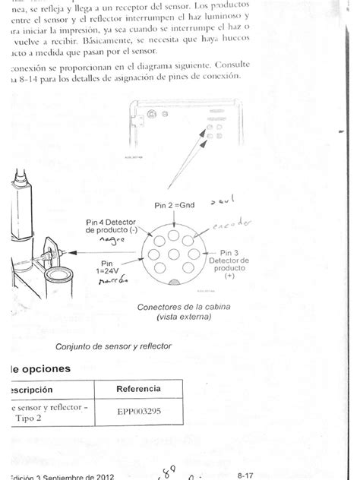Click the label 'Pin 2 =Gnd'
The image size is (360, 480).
pos(175,206)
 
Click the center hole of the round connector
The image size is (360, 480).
pos(175,254)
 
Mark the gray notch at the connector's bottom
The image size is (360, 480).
pos(175,282)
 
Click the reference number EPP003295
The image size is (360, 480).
pos(137,415)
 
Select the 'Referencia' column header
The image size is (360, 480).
pos(137,389)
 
